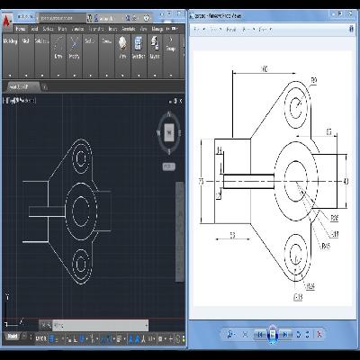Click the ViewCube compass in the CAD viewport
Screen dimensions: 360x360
(x=168, y=133)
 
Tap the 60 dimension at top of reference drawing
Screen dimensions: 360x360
(x=264, y=69)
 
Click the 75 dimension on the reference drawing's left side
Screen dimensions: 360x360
(x=202, y=181)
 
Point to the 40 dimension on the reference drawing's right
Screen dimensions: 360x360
(x=346, y=181)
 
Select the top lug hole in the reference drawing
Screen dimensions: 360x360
(x=296, y=108)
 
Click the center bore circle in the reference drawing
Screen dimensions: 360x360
(x=296, y=180)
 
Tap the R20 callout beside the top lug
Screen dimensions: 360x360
(x=314, y=82)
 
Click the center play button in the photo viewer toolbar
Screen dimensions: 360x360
(x=273, y=334)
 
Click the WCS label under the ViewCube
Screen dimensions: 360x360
(x=168, y=166)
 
